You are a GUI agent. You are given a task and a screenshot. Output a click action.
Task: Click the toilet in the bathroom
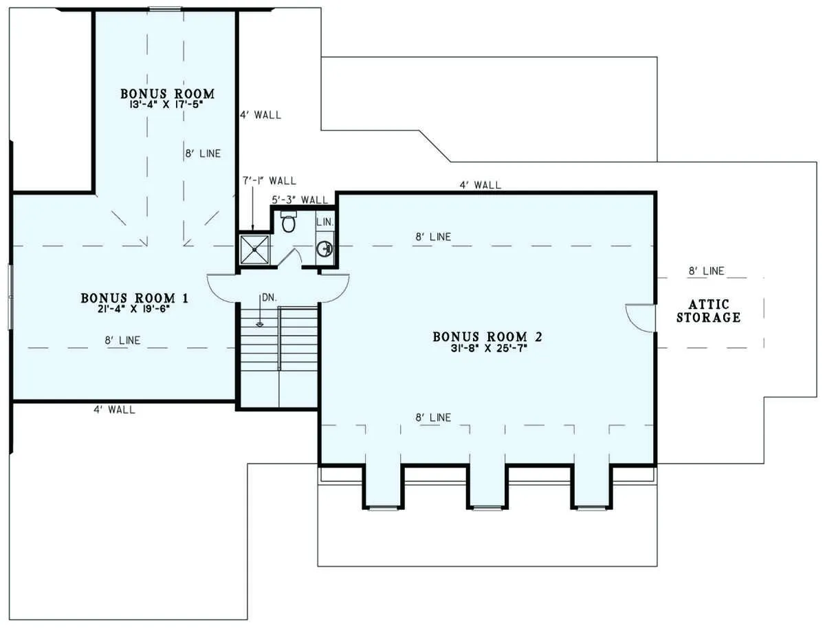click(x=289, y=221)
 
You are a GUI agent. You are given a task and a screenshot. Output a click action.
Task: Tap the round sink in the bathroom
click(x=324, y=248)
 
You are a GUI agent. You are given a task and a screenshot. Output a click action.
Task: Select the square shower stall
click(x=254, y=249)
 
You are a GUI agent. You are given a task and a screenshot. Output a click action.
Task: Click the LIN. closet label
click(x=324, y=222)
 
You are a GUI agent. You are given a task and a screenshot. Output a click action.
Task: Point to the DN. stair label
click(x=269, y=298)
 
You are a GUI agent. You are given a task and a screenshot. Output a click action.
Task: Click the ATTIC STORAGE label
click(x=709, y=311)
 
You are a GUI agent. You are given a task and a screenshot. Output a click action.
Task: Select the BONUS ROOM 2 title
click(x=487, y=337)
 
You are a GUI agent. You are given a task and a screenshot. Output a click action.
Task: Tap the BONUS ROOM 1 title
click(x=135, y=299)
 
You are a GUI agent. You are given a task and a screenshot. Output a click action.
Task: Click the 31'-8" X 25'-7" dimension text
click(x=489, y=349)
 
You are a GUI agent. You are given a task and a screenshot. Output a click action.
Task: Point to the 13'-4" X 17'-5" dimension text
click(x=166, y=105)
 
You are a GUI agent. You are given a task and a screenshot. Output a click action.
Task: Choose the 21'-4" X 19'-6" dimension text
click(x=133, y=309)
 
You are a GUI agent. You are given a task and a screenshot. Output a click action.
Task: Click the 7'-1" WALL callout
click(x=269, y=181)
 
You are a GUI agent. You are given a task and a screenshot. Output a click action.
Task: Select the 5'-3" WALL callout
click(x=300, y=199)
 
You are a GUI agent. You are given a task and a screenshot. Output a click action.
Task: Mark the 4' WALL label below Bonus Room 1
click(x=114, y=409)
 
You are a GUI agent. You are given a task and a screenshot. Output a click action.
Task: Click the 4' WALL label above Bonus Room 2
click(x=481, y=185)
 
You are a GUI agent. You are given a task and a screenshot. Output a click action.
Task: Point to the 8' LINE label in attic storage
click(x=706, y=271)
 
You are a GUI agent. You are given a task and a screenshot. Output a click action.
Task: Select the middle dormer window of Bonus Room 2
click(x=487, y=508)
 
